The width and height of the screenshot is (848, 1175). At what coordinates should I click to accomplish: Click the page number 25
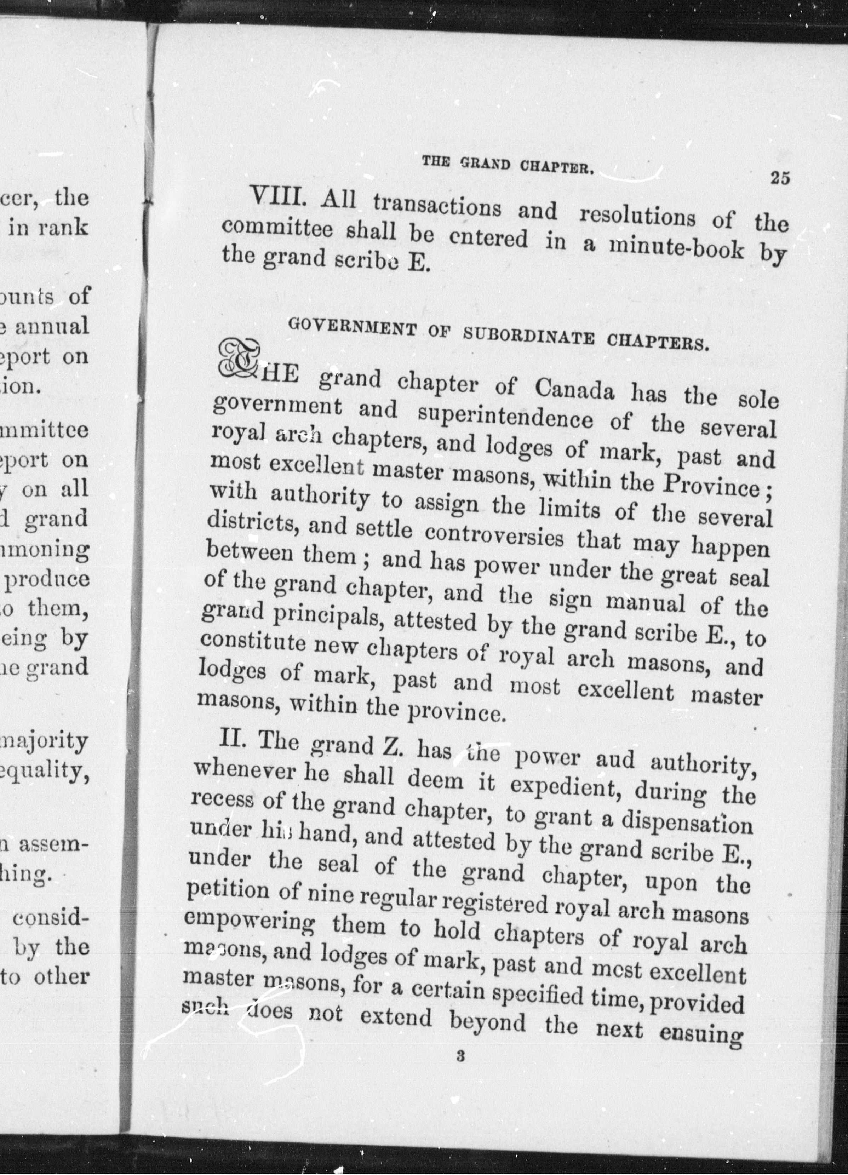click(x=780, y=178)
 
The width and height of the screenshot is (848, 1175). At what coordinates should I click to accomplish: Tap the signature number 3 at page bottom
click(x=459, y=1056)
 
